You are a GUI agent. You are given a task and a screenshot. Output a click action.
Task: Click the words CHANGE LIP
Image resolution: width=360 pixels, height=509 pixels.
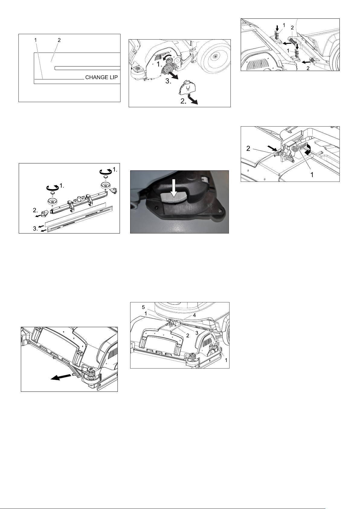pyautogui.click(x=101, y=77)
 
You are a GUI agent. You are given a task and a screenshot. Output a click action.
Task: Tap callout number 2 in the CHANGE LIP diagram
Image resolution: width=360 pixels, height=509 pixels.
pyautogui.click(x=59, y=40)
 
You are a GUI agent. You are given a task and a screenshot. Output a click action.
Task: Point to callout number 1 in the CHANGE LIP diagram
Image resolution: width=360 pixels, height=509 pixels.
pyautogui.click(x=35, y=40)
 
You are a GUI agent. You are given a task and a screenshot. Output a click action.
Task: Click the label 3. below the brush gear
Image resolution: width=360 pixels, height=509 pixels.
pyautogui.click(x=168, y=81)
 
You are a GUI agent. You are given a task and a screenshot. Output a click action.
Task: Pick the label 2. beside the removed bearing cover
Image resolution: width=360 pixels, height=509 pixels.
pyautogui.click(x=183, y=101)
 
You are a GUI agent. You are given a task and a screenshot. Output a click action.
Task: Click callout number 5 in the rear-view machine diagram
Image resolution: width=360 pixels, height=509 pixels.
pyautogui.click(x=143, y=307)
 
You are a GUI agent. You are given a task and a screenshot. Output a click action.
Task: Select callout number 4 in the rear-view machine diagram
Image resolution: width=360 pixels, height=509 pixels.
pyautogui.click(x=194, y=315)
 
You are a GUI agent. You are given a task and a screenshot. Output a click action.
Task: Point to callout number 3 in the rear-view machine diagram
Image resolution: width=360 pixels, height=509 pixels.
pyautogui.click(x=197, y=333)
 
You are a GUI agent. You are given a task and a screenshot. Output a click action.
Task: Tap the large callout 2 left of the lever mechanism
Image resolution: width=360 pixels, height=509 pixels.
pyautogui.click(x=248, y=149)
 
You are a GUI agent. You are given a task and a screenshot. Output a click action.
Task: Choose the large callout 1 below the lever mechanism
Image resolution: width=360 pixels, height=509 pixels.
pyautogui.click(x=312, y=175)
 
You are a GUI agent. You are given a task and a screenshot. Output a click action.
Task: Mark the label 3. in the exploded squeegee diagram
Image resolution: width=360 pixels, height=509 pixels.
pyautogui.click(x=35, y=229)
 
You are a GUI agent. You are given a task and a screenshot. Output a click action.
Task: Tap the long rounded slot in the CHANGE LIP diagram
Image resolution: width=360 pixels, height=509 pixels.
pyautogui.click(x=88, y=68)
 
